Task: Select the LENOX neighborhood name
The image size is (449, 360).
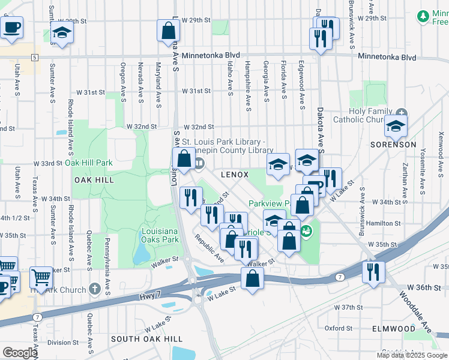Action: (x=235, y=175)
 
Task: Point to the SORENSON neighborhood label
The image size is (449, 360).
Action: (x=393, y=145)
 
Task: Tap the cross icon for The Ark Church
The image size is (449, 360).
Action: (x=94, y=289)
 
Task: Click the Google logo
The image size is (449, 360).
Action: (x=19, y=353)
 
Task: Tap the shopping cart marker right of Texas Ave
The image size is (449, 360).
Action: (x=40, y=277)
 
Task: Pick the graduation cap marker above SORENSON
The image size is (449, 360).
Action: (x=395, y=126)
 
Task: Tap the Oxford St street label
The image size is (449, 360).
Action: (x=339, y=328)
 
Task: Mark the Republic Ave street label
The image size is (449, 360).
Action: (x=209, y=248)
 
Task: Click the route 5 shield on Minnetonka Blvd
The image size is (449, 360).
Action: (x=35, y=58)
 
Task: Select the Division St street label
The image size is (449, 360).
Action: (x=59, y=343)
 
